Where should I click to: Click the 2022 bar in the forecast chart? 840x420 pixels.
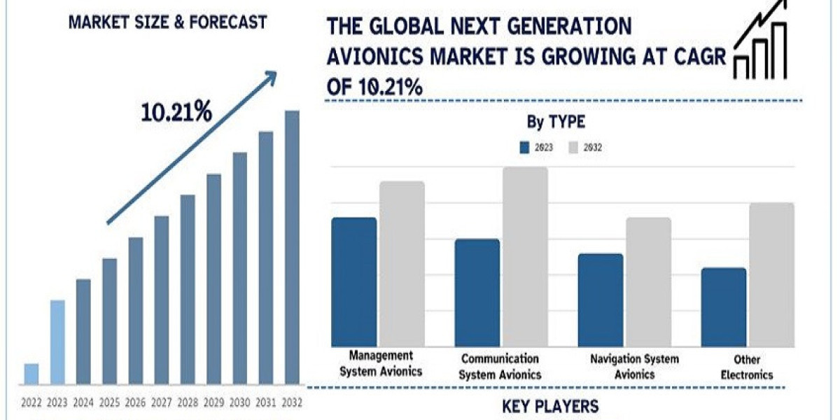(31, 374)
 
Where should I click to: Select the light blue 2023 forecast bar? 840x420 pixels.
(57, 342)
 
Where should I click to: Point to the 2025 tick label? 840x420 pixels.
(110, 402)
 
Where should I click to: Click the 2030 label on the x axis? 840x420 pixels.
(240, 402)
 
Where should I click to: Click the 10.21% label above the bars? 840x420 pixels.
(176, 112)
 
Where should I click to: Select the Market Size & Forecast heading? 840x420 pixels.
(167, 22)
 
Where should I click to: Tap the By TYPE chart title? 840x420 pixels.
(556, 122)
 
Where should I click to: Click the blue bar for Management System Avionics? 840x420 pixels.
(354, 282)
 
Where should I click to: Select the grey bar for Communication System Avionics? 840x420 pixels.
(525, 256)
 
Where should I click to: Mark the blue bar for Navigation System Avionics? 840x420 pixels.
(601, 300)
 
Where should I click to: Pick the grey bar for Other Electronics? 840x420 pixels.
(771, 274)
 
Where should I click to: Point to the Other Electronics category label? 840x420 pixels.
(748, 367)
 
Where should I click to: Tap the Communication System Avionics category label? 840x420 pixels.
(500, 367)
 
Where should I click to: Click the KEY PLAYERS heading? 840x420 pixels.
(550, 407)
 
